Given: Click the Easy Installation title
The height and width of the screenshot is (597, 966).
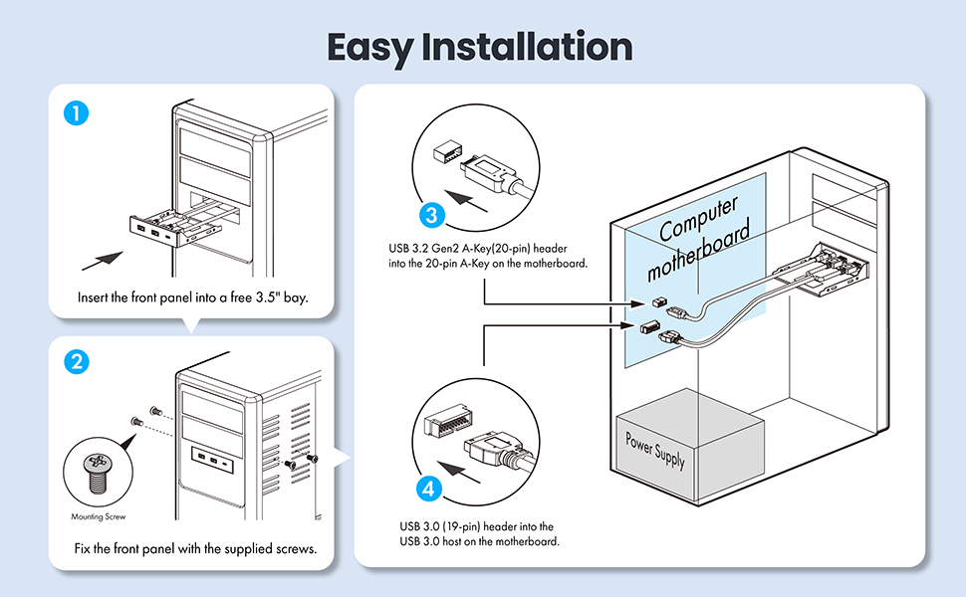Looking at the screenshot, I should point(479,47).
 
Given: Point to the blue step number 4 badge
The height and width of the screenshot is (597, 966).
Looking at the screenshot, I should point(427,490).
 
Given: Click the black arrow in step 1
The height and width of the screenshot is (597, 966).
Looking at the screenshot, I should point(103,261).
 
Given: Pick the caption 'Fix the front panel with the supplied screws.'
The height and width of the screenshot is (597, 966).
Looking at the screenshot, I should point(195,548).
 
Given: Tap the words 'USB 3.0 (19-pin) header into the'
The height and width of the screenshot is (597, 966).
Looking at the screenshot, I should point(476,525).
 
